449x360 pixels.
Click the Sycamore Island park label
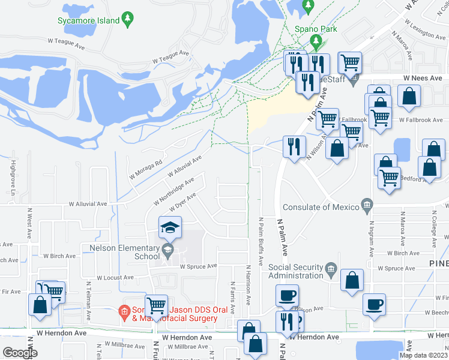(89, 20)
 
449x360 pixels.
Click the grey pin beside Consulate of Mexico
(367, 207)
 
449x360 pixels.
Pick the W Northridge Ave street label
(173, 190)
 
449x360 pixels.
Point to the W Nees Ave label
(423, 78)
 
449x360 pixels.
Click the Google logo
(20, 353)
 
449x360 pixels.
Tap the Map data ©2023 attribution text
(423, 355)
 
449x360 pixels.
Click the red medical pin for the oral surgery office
(124, 311)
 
